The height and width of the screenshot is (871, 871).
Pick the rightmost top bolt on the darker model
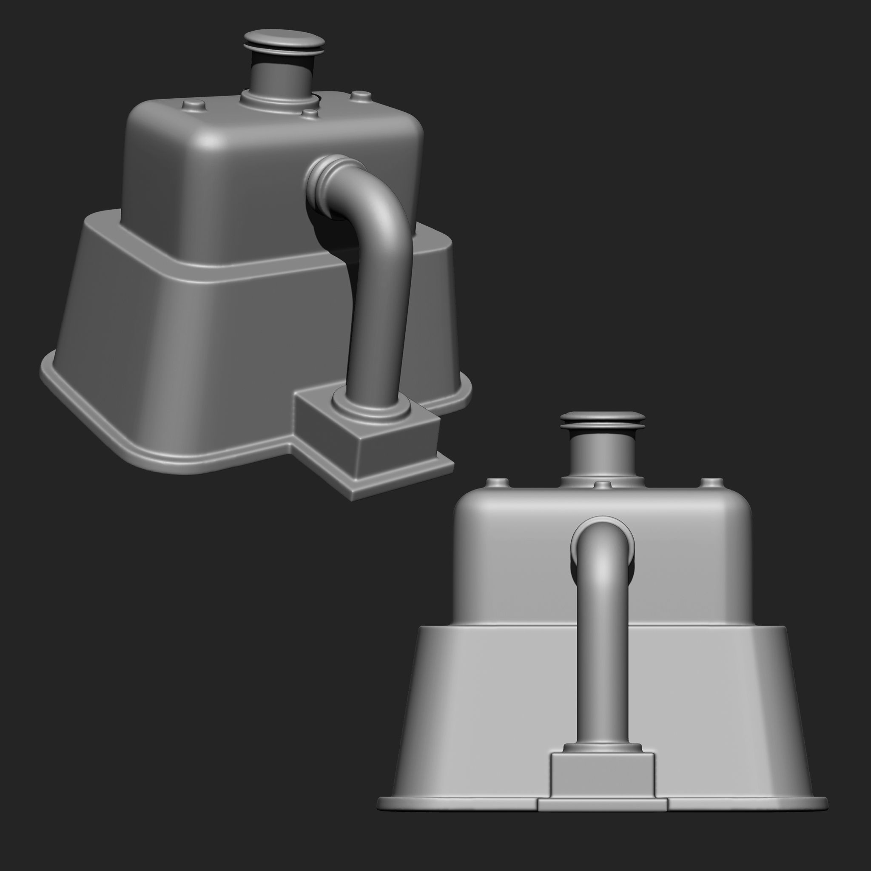tap(360, 96)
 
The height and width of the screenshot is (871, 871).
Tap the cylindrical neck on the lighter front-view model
tap(602, 455)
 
